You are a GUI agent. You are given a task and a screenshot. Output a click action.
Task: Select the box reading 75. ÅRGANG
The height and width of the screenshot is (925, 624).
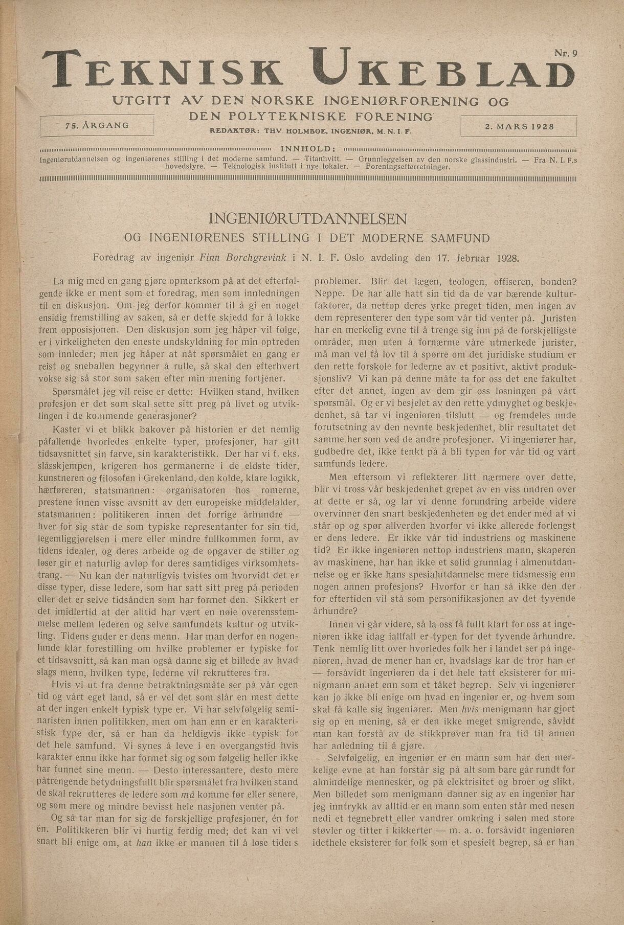[97, 125]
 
